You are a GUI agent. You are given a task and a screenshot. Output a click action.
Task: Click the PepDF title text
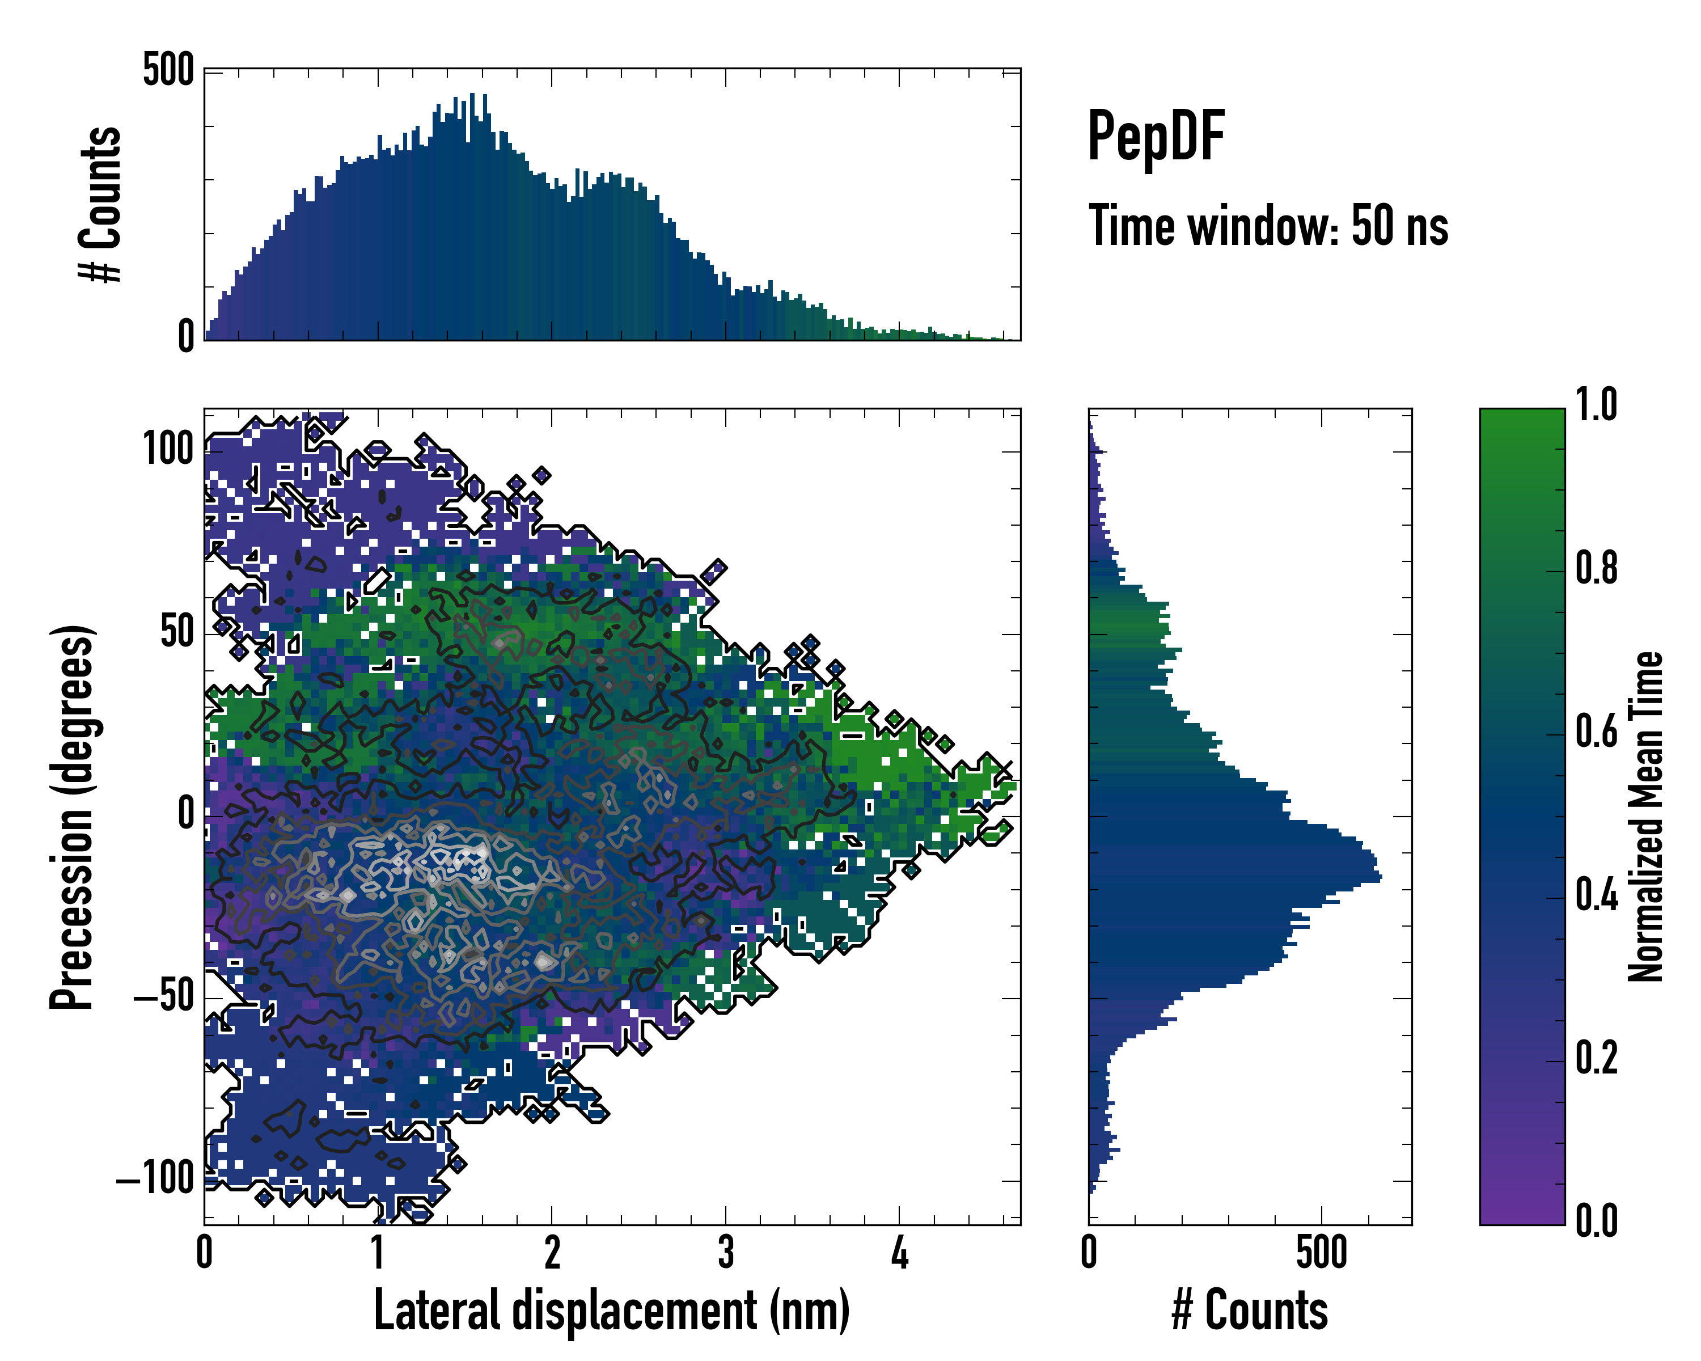(x=1156, y=137)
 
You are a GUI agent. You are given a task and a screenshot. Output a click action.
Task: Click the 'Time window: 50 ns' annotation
(x=1268, y=226)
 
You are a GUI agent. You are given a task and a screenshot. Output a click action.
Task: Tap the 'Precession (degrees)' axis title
(x=73, y=817)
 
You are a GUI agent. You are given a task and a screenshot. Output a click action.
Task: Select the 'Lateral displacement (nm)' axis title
(x=611, y=1310)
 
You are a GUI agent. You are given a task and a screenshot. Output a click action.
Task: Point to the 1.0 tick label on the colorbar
(x=1596, y=405)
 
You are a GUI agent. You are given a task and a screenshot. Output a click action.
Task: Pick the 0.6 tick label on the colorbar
(x=1596, y=732)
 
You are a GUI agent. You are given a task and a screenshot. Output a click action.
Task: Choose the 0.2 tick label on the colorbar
(x=1596, y=1058)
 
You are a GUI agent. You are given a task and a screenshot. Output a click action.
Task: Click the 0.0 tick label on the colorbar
(x=1596, y=1220)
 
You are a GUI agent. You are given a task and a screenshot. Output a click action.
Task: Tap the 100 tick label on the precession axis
(x=168, y=450)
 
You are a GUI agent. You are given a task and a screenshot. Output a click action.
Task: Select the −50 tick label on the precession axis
(x=163, y=997)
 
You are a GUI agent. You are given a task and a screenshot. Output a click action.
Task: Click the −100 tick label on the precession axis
(x=155, y=1180)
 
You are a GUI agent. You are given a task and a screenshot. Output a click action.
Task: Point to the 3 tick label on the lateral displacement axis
(x=726, y=1253)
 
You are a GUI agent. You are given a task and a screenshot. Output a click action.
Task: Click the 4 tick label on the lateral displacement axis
(x=899, y=1253)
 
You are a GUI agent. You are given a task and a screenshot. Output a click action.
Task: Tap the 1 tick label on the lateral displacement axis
(x=378, y=1253)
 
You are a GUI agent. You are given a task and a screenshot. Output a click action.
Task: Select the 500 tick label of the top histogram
(x=168, y=70)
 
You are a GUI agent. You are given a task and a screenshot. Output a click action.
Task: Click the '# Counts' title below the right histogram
(x=1250, y=1310)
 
